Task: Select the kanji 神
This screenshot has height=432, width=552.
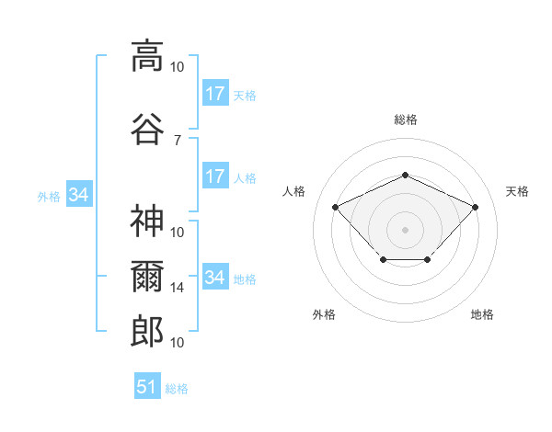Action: (147, 222)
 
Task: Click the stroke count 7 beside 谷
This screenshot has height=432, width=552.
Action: (178, 140)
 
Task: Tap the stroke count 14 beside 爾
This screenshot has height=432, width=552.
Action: (178, 288)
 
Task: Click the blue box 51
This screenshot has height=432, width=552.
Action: (147, 387)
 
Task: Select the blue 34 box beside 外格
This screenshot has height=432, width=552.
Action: (78, 195)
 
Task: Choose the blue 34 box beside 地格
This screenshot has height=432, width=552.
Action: (214, 278)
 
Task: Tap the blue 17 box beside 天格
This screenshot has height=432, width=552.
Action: (214, 94)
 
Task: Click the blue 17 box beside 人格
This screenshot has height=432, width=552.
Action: (214, 176)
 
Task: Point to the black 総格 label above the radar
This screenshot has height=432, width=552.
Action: (405, 119)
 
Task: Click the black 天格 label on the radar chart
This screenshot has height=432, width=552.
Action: (517, 191)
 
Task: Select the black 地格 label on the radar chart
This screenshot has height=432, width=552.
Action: (482, 314)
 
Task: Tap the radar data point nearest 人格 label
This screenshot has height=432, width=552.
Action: (336, 207)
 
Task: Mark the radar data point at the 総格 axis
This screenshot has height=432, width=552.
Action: (405, 175)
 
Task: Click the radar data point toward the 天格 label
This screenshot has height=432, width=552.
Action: (475, 207)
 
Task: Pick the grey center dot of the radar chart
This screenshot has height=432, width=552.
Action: (405, 229)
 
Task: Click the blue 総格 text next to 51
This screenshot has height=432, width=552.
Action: (177, 389)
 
